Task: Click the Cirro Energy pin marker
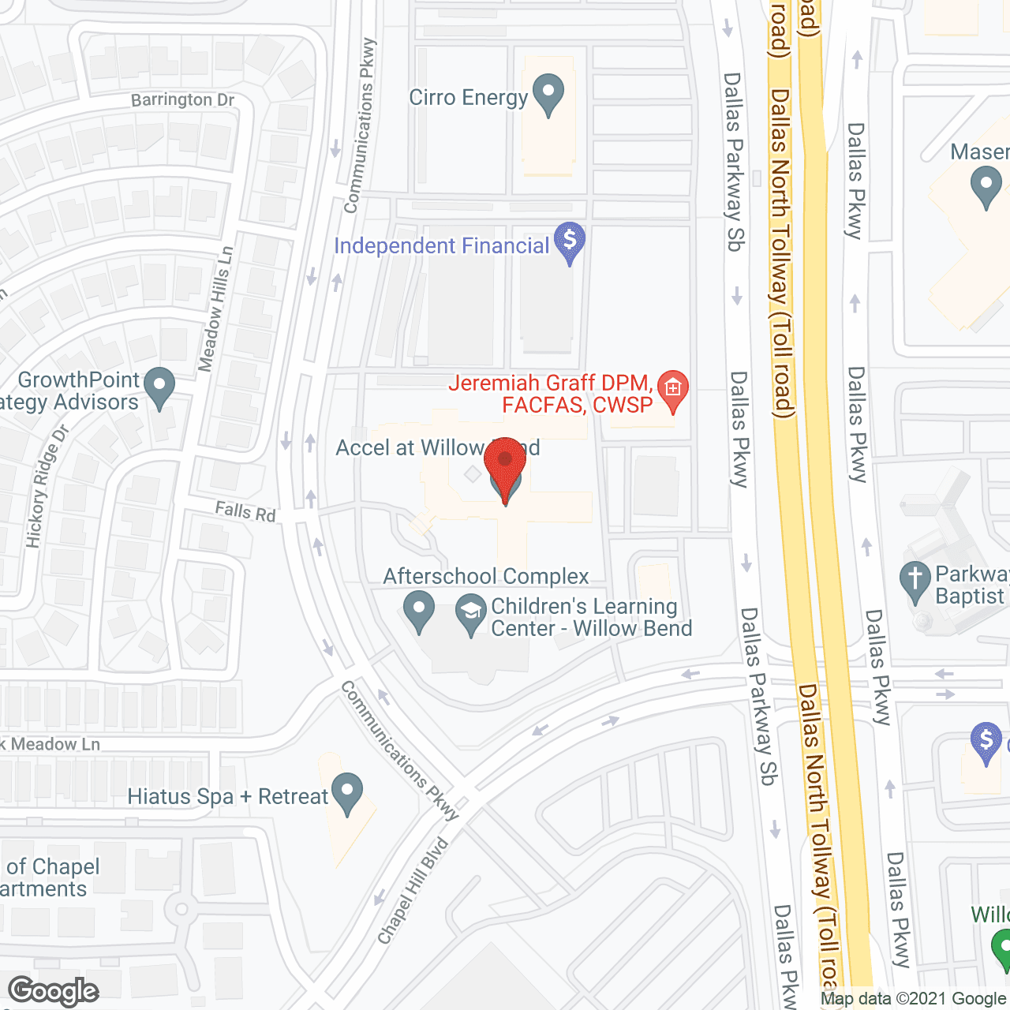548,93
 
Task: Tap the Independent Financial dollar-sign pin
569,241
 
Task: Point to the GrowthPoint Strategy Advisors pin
160,387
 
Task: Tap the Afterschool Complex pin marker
418,610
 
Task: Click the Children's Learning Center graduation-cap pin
471,613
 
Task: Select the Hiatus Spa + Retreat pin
346,792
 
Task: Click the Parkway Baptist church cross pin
915,581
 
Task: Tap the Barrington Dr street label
183,100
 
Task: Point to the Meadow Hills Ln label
215,309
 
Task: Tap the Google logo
54,991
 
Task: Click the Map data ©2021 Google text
913,998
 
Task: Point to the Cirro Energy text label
468,98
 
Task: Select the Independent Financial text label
441,246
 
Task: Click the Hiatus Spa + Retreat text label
227,797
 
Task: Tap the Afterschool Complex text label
486,577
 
